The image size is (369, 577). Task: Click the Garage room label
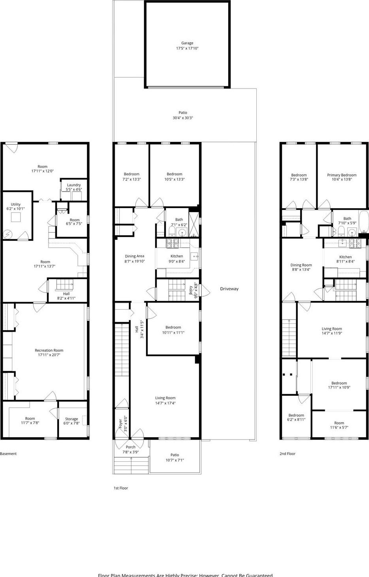(x=187, y=43)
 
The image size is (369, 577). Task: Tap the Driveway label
(x=229, y=289)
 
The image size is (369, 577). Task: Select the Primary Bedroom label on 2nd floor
(x=342, y=175)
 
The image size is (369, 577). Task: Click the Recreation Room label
(x=49, y=350)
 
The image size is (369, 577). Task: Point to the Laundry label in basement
(x=74, y=185)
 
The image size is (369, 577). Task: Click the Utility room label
(x=16, y=205)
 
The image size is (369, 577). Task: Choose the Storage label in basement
(x=72, y=419)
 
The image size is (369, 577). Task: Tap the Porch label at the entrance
(x=131, y=447)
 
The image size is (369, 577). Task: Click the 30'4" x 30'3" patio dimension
(x=183, y=118)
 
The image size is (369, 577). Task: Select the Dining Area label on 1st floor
(x=134, y=256)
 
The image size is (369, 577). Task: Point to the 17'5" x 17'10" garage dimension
(x=187, y=48)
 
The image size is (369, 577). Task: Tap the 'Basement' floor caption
(x=8, y=454)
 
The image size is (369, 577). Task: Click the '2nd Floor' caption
(x=288, y=454)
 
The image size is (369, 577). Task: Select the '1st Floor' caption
(x=121, y=488)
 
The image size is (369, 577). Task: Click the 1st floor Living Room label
(x=165, y=398)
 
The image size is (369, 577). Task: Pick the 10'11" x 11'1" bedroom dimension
(x=173, y=333)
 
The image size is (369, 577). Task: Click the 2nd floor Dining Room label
(x=301, y=265)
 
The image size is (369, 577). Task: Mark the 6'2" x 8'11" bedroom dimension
(x=296, y=420)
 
